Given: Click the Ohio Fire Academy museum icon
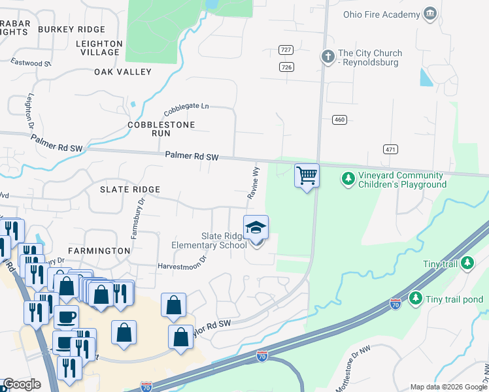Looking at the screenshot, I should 430,14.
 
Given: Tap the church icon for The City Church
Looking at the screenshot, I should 327,57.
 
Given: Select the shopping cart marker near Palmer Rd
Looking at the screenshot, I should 307,175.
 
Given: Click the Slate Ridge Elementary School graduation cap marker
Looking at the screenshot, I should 256,228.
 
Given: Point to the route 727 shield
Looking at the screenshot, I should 285,50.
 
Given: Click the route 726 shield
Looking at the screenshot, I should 286,67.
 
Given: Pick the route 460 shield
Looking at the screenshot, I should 339,120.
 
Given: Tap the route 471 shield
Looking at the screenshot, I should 391,150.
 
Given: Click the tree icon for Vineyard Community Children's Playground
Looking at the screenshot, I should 348,178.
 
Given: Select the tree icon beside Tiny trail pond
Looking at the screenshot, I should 415,299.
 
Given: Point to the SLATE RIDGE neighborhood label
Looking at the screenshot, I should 129,189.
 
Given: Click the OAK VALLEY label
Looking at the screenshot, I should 123,72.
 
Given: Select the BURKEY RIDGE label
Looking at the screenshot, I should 71,29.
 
